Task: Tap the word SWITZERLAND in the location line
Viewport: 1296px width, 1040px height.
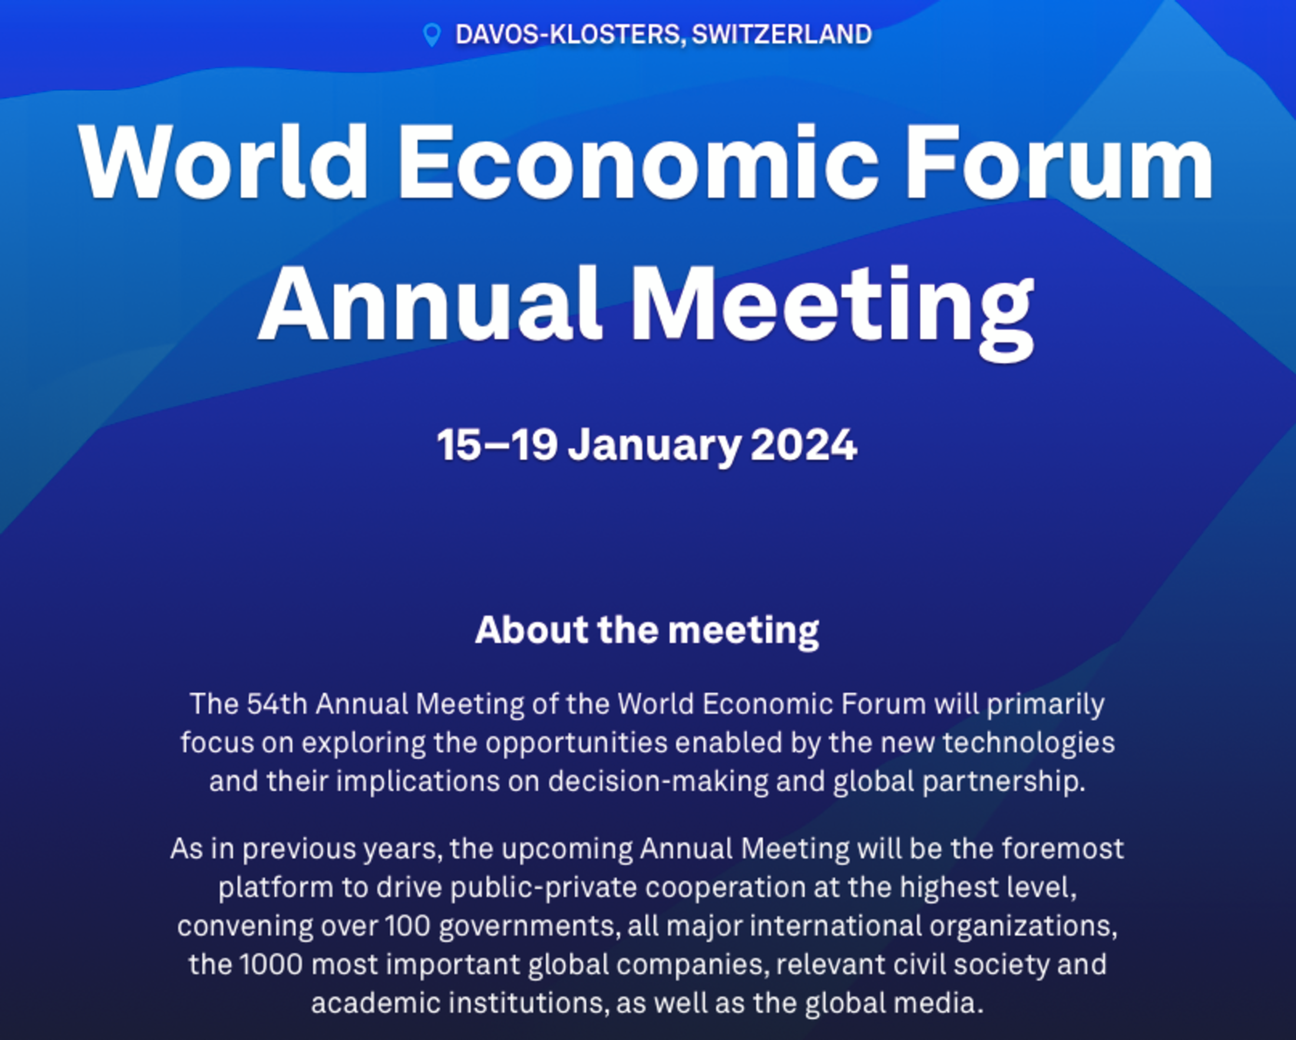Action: click(x=782, y=34)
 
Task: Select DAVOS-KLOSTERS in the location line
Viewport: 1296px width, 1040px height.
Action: click(x=567, y=35)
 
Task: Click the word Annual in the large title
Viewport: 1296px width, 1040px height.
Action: click(x=431, y=304)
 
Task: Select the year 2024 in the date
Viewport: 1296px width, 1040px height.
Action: click(x=804, y=445)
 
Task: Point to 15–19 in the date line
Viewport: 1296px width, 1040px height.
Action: click(x=497, y=445)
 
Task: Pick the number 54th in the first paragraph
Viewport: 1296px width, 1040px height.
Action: click(x=277, y=704)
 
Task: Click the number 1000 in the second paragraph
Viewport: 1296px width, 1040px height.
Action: click(x=271, y=965)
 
